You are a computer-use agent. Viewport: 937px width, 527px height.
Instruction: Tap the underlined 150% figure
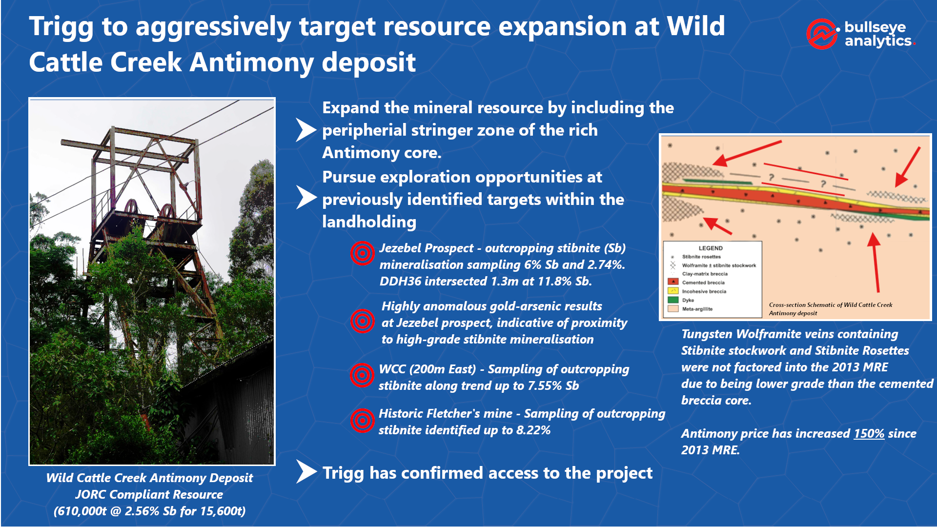[869, 434]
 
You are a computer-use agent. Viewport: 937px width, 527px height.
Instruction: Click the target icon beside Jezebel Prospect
[362, 253]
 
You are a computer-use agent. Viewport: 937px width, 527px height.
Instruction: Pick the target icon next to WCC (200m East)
[362, 375]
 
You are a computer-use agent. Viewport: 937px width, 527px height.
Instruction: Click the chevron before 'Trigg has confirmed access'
[306, 471]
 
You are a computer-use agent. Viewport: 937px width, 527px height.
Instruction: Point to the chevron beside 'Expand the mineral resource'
[306, 130]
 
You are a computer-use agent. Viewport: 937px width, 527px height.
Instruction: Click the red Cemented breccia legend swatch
[673, 282]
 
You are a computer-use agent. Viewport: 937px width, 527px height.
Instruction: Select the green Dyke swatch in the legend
[673, 300]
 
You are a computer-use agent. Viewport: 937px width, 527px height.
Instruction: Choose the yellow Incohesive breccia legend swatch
[673, 291]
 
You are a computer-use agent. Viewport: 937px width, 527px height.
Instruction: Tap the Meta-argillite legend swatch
[673, 308]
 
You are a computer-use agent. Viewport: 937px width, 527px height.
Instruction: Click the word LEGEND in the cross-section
[711, 248]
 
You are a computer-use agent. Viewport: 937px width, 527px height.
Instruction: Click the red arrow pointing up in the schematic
[875, 262]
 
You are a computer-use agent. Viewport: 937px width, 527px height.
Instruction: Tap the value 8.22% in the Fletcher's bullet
[532, 430]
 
